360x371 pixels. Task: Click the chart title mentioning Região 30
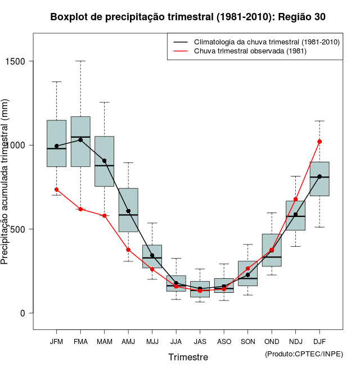(188, 17)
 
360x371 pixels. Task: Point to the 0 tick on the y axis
(22, 313)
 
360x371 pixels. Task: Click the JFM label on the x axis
(56, 341)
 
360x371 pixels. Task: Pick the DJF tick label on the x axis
(319, 341)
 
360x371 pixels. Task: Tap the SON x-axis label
(248, 341)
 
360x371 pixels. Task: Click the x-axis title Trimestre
(188, 357)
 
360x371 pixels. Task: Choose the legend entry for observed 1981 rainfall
(250, 51)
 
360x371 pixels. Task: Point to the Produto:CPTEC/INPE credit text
(304, 354)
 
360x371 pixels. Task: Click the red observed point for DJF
(319, 142)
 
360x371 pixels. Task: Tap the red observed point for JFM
(56, 189)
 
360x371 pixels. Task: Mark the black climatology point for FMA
(80, 140)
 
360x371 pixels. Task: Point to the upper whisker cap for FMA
(80, 61)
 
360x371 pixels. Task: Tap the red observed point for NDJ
(296, 200)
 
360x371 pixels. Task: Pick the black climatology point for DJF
(319, 177)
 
